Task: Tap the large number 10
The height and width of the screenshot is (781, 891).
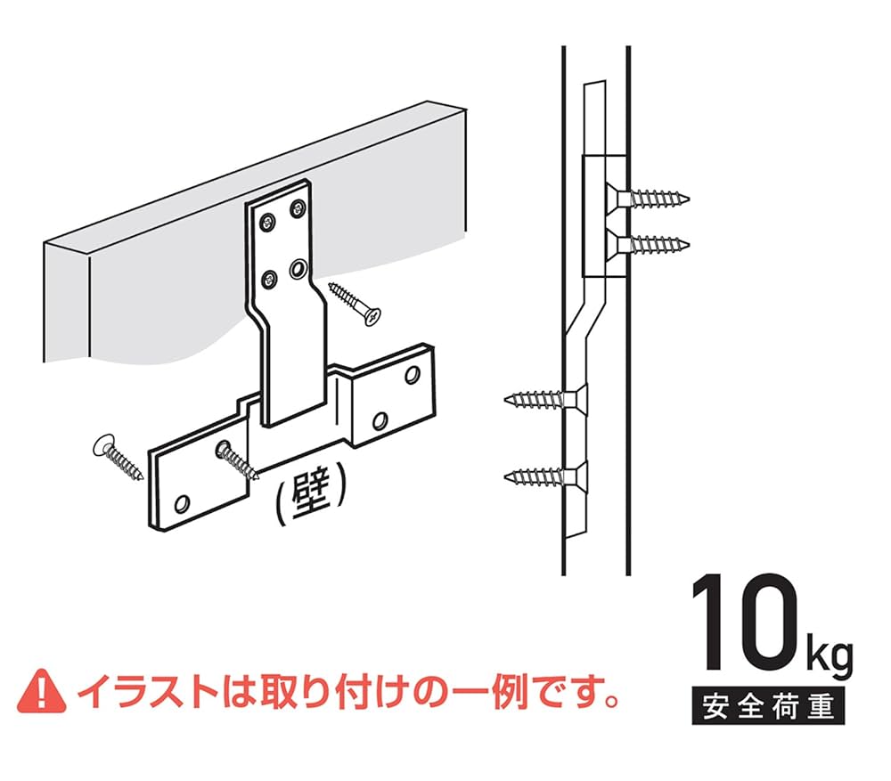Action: [x=744, y=624]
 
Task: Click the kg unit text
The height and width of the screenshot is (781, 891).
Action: [x=829, y=657]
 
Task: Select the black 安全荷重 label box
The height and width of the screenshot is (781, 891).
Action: [x=765, y=708]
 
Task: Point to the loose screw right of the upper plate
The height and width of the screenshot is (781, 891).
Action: [x=356, y=304]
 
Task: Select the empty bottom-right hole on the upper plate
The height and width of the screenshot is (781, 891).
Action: [x=301, y=266]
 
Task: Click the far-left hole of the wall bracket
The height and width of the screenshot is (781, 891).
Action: [x=183, y=505]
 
